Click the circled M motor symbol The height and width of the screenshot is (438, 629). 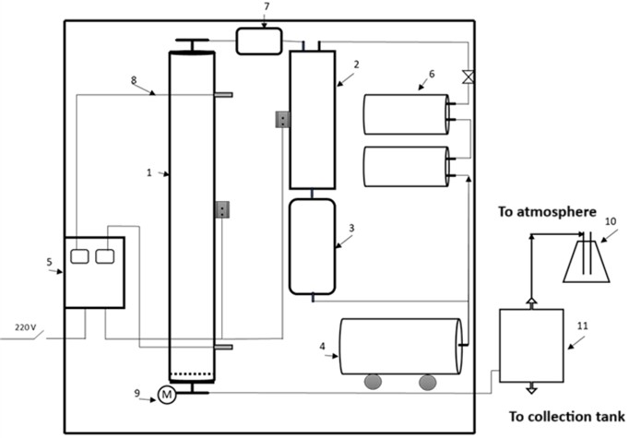pos(167,395)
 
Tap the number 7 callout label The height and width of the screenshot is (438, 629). pos(267,7)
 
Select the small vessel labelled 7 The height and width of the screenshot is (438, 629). pos(259,41)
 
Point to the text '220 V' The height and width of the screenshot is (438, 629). pos(27,327)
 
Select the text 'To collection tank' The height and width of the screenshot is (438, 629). pos(567,415)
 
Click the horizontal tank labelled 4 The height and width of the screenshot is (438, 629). pos(400,346)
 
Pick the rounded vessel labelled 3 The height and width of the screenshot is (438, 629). pos(312,246)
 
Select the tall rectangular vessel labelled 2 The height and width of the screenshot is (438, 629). pos(312,120)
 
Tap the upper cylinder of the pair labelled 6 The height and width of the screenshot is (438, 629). pos(406,114)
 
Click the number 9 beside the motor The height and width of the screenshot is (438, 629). pos(137,394)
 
